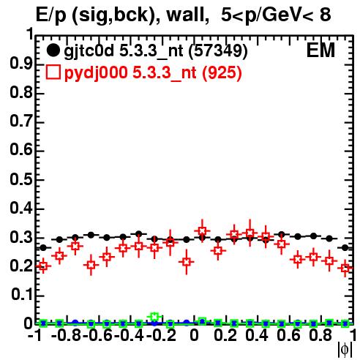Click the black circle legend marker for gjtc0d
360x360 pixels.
(x=53, y=50)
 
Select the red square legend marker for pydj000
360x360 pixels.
(x=53, y=72)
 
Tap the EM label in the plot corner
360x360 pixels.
(x=320, y=50)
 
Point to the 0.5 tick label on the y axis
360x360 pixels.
(x=21, y=179)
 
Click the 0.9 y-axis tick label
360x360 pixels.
(x=21, y=64)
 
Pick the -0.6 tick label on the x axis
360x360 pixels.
(x=97, y=335)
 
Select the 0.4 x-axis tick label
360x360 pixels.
(x=257, y=335)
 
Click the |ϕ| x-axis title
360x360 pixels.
(x=345, y=350)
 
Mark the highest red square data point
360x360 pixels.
(x=202, y=230)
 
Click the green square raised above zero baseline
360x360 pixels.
(x=154, y=317)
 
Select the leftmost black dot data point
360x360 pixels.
(x=43, y=248)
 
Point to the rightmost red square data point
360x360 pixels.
(x=345, y=269)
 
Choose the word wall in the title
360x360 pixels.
(x=185, y=15)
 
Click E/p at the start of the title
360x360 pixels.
(x=51, y=16)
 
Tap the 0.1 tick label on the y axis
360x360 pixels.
(x=21, y=295)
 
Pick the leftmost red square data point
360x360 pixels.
(x=43, y=266)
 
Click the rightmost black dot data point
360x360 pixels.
(x=345, y=248)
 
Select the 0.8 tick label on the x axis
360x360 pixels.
(x=320, y=335)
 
